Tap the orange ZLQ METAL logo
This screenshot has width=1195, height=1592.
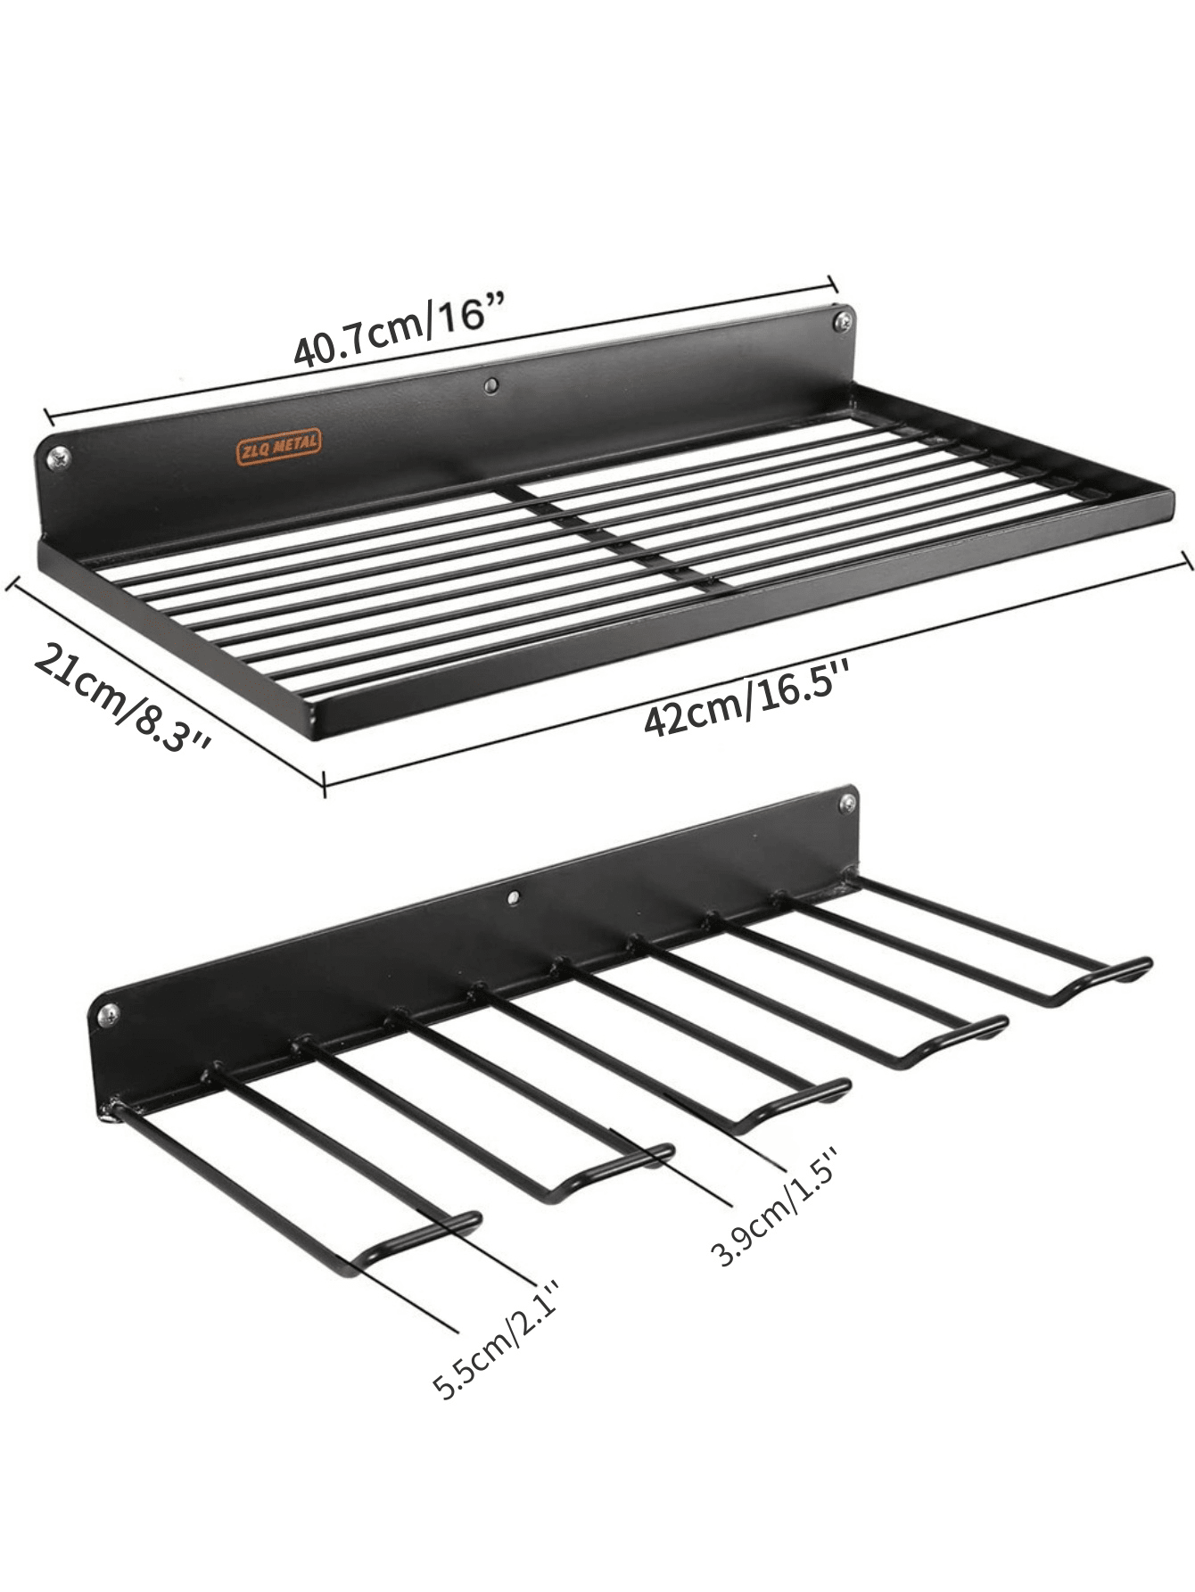coord(278,446)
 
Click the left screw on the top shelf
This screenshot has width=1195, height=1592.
coord(60,458)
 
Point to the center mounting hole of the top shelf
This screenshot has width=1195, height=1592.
coord(490,384)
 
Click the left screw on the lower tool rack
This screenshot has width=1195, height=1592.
coord(109,1013)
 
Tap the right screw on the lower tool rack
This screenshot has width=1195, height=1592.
coord(844,804)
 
